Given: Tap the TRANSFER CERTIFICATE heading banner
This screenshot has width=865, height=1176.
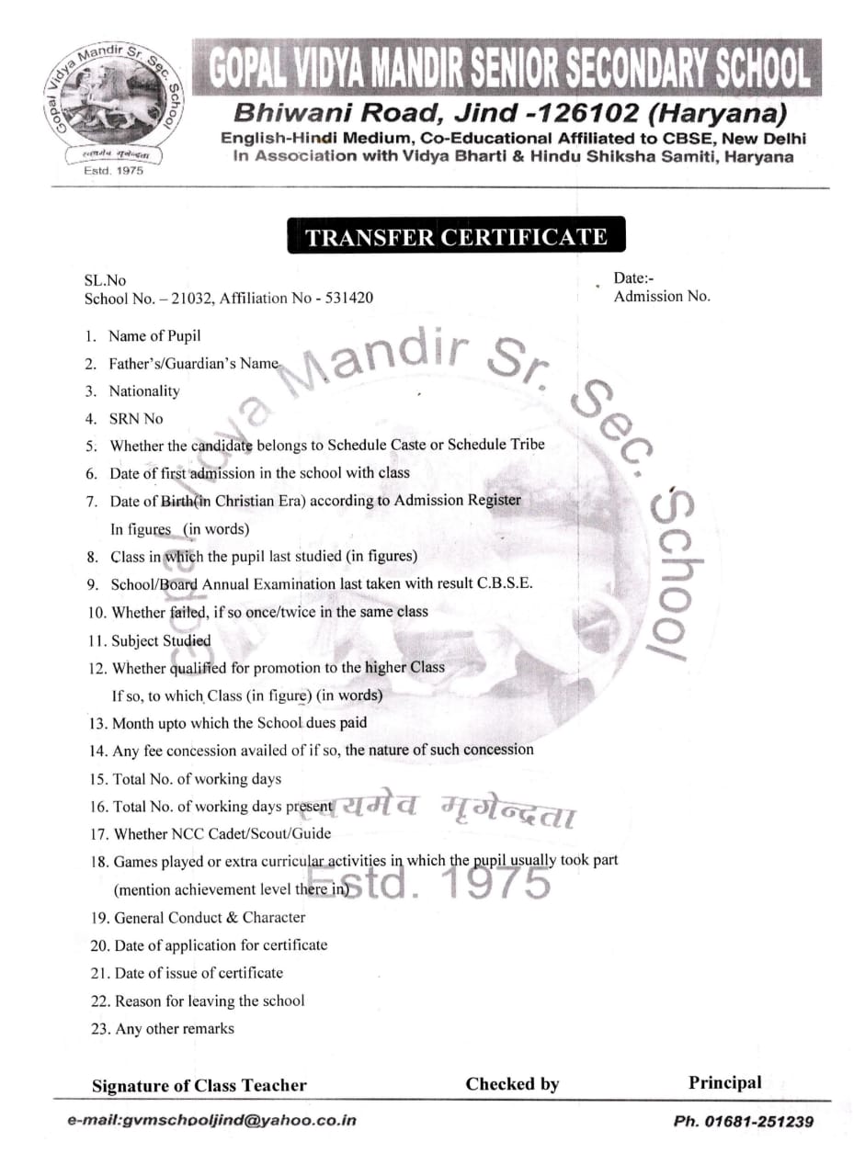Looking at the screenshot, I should coord(456,237).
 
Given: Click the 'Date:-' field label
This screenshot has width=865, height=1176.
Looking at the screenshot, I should coord(634,278).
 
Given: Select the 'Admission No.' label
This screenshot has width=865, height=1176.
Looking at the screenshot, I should coord(662,296).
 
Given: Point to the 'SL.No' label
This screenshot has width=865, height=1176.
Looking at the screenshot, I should coord(105,280).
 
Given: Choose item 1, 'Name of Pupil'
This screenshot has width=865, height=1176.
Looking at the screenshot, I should coord(154,335).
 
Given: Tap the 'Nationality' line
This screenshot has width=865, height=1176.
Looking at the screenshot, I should coord(144,390).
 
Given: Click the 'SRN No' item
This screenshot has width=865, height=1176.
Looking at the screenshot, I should coord(136,418).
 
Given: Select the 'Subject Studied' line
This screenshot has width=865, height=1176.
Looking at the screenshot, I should coord(160,640).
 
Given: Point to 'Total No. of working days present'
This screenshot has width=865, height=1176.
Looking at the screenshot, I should coord(221,807).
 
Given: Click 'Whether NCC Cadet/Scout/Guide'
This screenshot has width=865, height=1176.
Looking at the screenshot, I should coord(222,834).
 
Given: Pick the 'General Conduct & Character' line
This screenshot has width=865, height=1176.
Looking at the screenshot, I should coord(210,917).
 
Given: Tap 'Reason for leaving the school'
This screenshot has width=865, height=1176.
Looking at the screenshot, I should coord(209,1001).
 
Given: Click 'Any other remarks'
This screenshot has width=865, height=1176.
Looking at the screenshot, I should coord(174,1028).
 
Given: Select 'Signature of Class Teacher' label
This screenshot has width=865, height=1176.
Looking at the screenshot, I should coord(199,1085).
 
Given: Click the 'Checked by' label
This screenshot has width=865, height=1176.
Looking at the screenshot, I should coord(512,1084).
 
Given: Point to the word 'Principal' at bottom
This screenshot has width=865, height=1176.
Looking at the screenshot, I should coord(725,1082).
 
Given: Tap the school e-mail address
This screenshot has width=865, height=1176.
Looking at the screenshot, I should coord(211,1120).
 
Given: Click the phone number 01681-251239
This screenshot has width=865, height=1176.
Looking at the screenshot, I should coord(743,1121).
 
